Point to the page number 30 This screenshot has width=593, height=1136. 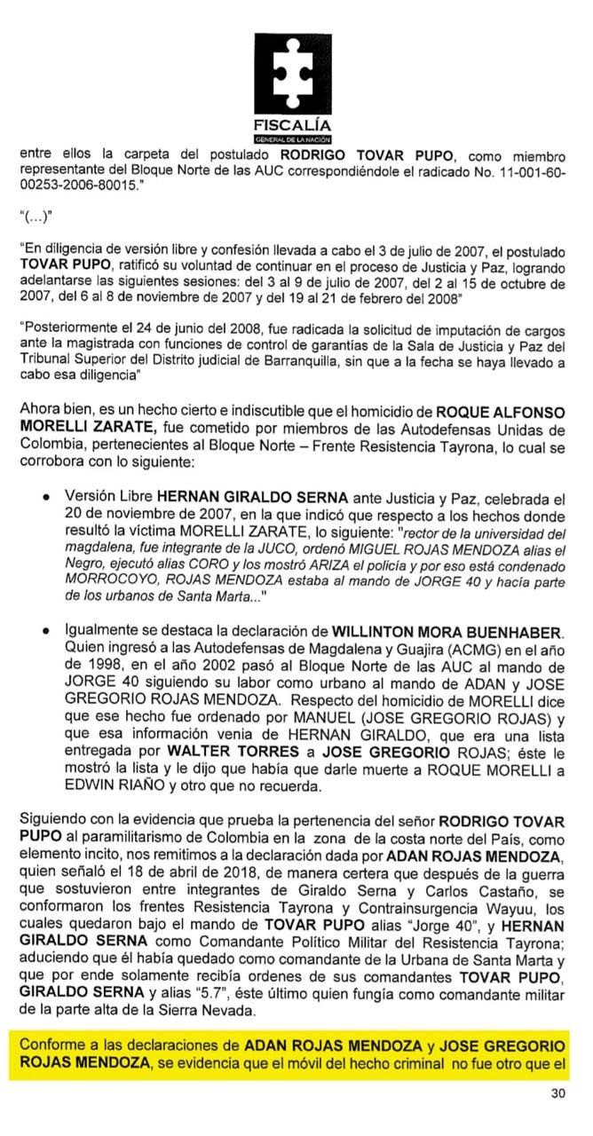[x=557, y=1093]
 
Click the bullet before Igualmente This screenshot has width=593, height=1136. [x=45, y=633]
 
